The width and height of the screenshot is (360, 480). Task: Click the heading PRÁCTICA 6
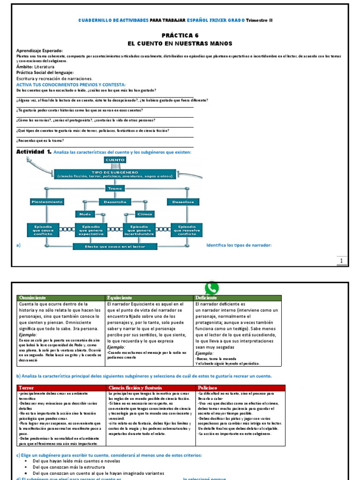click(x=180, y=35)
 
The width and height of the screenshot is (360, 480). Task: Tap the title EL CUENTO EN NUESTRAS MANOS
click(x=180, y=43)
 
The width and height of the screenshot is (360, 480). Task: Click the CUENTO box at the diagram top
click(x=115, y=160)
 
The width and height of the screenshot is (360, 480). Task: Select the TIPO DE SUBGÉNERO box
click(x=115, y=174)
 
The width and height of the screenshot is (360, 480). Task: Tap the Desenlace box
click(x=183, y=202)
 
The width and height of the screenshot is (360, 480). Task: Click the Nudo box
click(x=85, y=214)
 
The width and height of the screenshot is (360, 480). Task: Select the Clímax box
click(x=144, y=214)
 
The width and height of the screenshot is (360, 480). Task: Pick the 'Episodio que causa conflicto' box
click(x=43, y=229)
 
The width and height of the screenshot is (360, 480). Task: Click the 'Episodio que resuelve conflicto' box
click(x=186, y=229)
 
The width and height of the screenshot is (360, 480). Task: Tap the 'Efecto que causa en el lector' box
click(x=115, y=246)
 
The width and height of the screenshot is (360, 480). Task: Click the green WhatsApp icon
click(x=212, y=288)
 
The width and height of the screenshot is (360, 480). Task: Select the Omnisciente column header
click(x=60, y=298)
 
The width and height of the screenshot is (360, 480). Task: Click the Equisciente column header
click(x=150, y=298)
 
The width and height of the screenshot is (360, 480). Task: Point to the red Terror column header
click(x=60, y=388)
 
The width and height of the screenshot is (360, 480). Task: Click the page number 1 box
click(x=342, y=261)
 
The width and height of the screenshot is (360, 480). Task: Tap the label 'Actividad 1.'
click(x=34, y=152)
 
